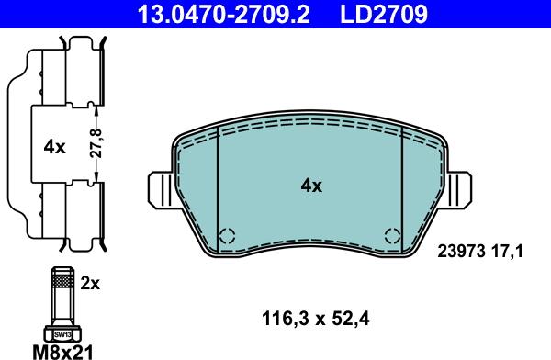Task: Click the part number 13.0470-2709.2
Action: coord(223,14)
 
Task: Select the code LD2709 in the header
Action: coord(384,14)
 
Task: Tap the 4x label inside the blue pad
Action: coord(311,186)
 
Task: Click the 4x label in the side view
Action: coord(54,147)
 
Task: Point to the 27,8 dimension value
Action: coord(96,143)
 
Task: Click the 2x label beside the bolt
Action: coord(90,284)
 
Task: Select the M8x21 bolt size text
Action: coord(63,352)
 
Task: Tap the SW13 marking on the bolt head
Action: coord(62,335)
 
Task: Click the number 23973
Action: coord(461,252)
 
